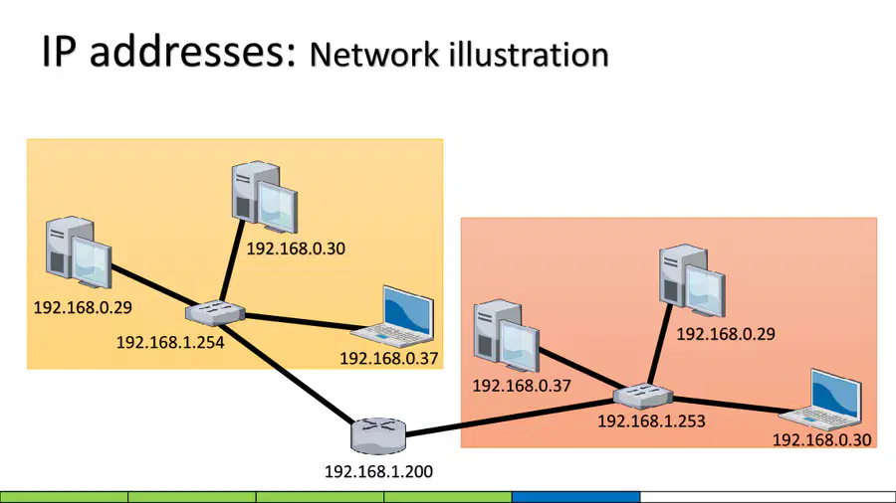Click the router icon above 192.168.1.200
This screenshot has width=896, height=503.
coord(377,435)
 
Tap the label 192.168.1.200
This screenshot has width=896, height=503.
coord(378,471)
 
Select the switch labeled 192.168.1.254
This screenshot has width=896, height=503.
coord(215,312)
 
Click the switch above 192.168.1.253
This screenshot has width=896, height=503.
coord(643,397)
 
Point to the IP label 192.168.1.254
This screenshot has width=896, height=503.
coord(170,342)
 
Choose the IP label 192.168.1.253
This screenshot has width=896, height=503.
coord(651,420)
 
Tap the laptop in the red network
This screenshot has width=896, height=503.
coord(821,400)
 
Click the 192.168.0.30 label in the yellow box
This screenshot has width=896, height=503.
coord(296,249)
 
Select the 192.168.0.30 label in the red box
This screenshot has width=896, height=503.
coord(821,439)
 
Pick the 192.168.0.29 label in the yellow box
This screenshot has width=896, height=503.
coord(83,307)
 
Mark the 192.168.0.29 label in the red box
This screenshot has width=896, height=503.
coord(726,334)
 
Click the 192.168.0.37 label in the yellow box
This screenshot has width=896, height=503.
coord(388,358)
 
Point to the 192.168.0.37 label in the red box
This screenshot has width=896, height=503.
coord(522,386)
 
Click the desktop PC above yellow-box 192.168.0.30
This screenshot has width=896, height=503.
coord(265,197)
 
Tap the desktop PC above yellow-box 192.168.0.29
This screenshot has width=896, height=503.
coord(79,252)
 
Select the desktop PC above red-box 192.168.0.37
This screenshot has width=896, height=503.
coord(507,335)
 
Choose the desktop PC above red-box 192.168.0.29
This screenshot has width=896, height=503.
coord(692,280)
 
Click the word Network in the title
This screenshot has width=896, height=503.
coord(374,55)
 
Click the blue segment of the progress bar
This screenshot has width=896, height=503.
coord(576,497)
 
